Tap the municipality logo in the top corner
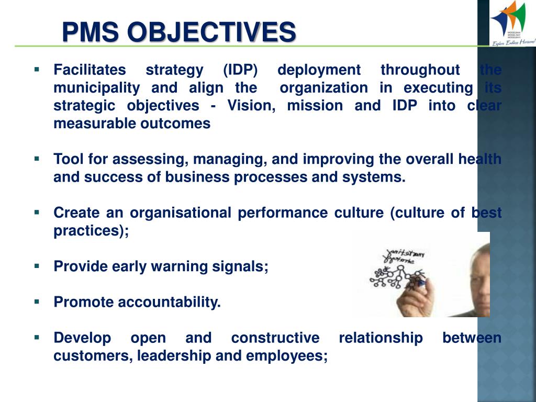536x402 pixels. click(512, 24)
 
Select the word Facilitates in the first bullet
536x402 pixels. click(90, 70)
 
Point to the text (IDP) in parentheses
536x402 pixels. click(240, 70)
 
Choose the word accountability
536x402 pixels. click(169, 302)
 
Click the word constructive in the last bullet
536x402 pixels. click(275, 338)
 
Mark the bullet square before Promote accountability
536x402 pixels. click(37, 301)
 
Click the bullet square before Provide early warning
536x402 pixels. click(37, 265)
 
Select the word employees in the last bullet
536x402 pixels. click(286, 356)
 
